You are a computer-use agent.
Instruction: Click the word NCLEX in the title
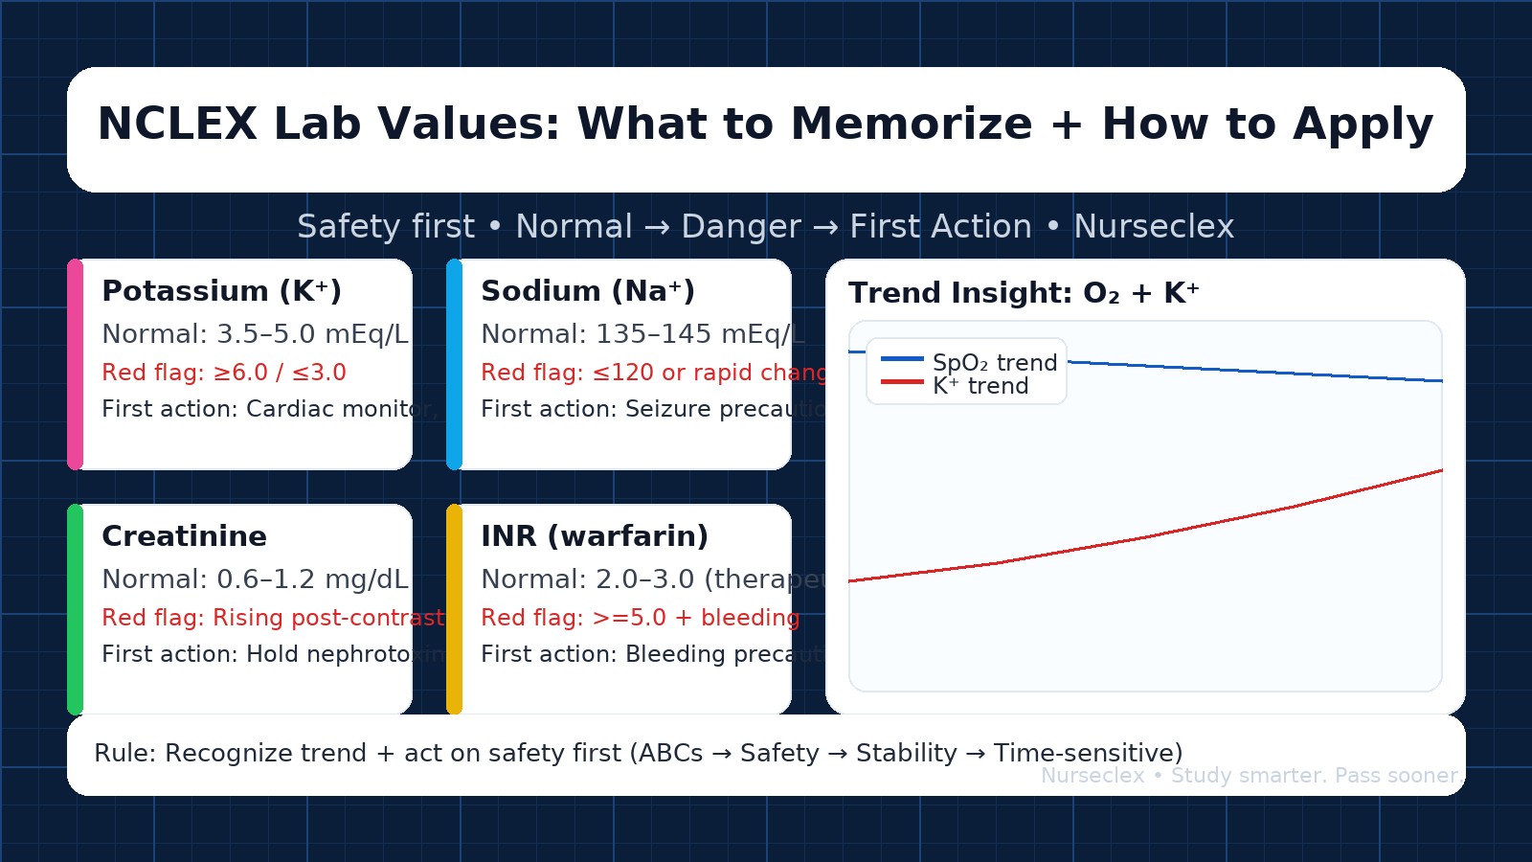177,125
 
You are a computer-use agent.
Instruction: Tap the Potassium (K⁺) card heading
221,291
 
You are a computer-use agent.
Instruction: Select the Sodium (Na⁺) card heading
588,291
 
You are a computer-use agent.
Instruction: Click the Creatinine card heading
184,536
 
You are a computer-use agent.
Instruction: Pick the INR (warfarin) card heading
595,536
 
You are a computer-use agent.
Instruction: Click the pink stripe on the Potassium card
76,364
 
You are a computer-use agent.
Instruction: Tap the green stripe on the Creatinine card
76,609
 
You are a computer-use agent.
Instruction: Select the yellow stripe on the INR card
455,609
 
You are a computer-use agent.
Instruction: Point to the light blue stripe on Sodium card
455,364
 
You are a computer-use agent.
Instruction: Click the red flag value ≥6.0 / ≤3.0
279,373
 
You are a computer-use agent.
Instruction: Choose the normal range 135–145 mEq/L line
642,334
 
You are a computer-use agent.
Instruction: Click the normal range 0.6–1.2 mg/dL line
255,579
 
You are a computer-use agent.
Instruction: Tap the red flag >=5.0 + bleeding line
640,618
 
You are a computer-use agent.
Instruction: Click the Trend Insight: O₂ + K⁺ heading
1024,293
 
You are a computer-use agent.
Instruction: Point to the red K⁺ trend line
1149,536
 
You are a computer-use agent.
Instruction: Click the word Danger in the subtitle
740,227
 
